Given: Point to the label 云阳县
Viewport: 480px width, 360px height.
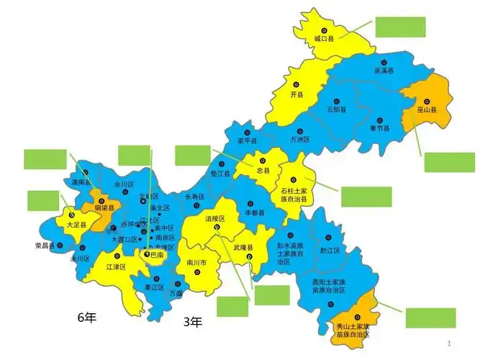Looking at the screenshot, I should pos(336,109).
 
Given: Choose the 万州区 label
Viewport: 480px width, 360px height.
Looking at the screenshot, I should pos(299,139).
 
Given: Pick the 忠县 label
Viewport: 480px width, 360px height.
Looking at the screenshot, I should pos(263,171).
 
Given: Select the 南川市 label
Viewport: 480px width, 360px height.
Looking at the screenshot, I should pos(196,263).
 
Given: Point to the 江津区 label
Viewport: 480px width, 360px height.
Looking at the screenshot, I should pos(116,267).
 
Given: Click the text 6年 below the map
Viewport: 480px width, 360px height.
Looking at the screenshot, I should pos(86,317).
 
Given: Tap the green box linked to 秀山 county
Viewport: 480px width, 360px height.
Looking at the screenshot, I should pos(430,318).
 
